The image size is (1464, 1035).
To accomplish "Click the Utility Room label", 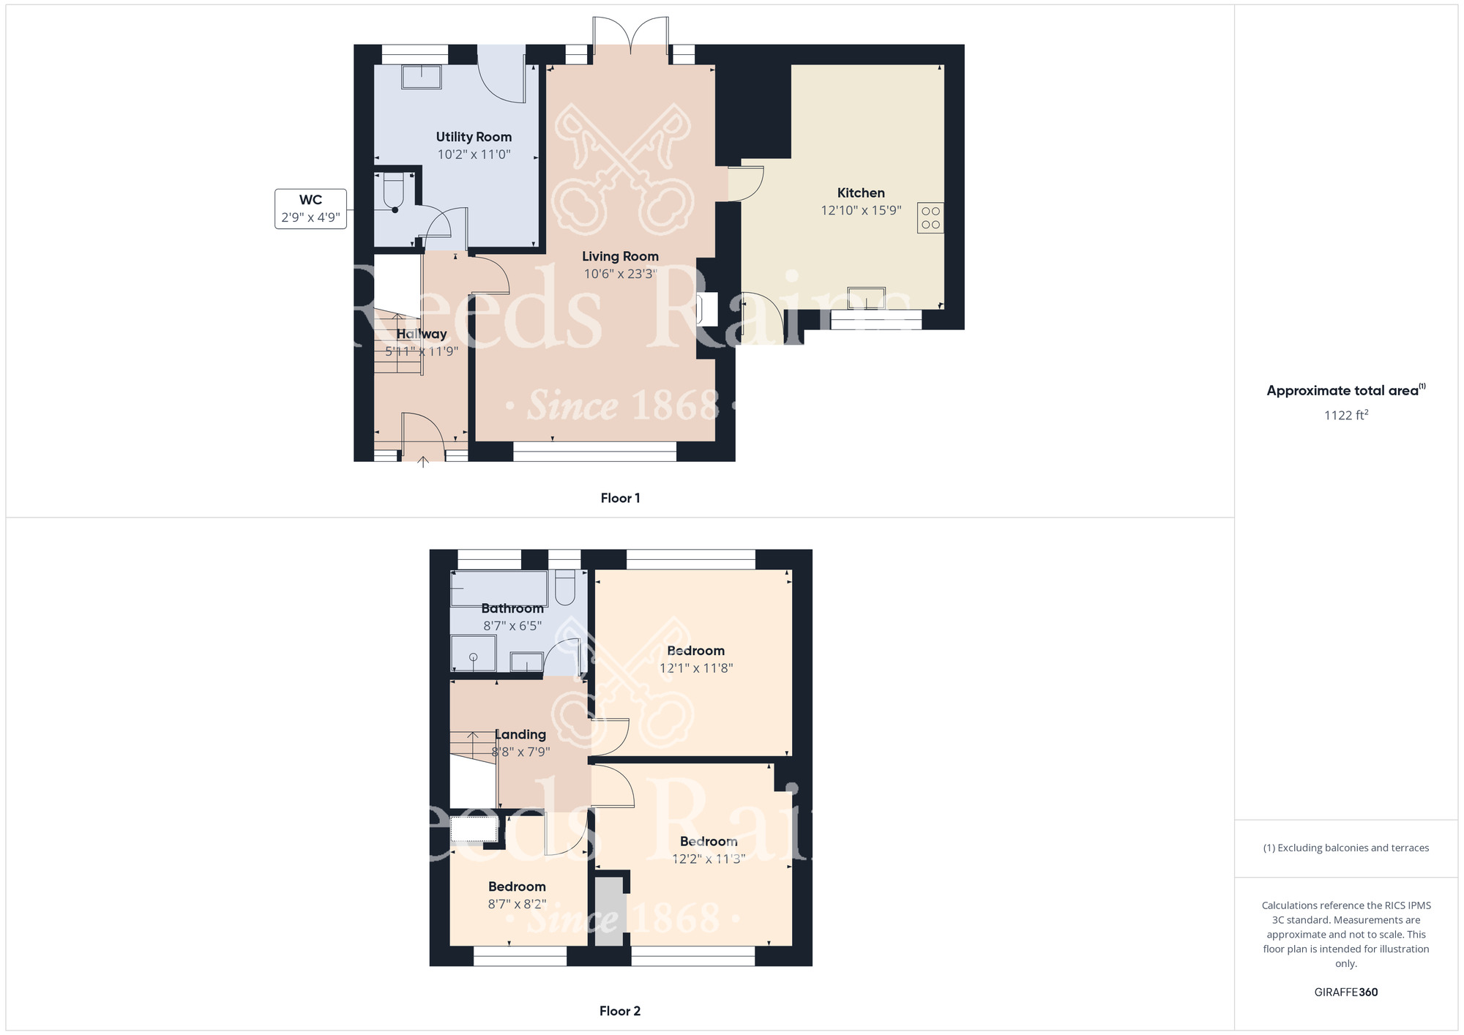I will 474,137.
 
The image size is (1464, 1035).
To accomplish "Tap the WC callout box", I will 310,209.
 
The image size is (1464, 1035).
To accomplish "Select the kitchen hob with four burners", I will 930,218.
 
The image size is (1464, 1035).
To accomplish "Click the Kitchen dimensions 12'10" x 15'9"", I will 861,211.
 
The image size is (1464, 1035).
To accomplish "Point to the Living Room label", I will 620,256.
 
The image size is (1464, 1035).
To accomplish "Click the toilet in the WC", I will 394,192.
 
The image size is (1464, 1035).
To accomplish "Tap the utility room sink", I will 421,77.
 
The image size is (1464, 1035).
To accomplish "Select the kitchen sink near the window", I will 866,298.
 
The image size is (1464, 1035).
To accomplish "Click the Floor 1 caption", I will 620,498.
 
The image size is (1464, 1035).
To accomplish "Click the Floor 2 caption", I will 620,1011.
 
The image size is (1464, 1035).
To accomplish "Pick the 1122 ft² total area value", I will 1345,415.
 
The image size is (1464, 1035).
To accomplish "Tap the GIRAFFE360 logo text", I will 1345,993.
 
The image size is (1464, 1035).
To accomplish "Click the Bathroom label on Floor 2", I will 512,608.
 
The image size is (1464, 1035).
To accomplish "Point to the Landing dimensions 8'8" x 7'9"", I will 520,752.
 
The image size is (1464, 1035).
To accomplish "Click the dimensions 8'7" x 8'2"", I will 517,904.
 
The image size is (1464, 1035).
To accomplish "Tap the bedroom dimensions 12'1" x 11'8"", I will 695,668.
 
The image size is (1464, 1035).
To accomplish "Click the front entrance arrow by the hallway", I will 423,462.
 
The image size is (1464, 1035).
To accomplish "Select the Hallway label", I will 422,334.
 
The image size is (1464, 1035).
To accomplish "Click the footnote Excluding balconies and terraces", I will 1345,848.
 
